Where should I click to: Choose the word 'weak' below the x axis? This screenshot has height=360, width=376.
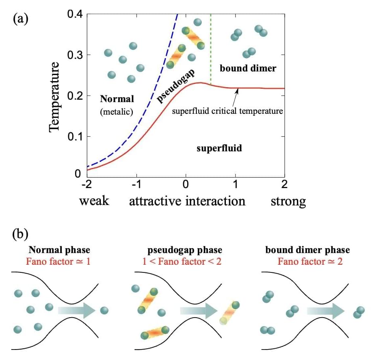pyautogui.click(x=94, y=201)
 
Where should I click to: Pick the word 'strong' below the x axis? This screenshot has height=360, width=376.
pyautogui.click(x=288, y=201)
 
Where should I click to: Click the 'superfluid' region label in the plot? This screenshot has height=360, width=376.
pyautogui.click(x=219, y=148)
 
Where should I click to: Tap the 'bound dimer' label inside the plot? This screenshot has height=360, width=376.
pyautogui.click(x=248, y=68)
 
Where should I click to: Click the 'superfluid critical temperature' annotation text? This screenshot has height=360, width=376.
pyautogui.click(x=228, y=111)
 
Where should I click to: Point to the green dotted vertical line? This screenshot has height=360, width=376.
pyautogui.click(x=211, y=48)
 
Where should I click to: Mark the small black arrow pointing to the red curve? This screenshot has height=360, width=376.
pyautogui.click(x=235, y=96)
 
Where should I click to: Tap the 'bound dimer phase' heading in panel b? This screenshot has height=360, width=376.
pyautogui.click(x=307, y=250)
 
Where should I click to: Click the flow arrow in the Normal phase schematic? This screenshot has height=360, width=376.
pyautogui.click(x=76, y=310)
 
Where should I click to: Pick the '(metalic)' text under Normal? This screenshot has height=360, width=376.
pyautogui.click(x=116, y=112)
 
